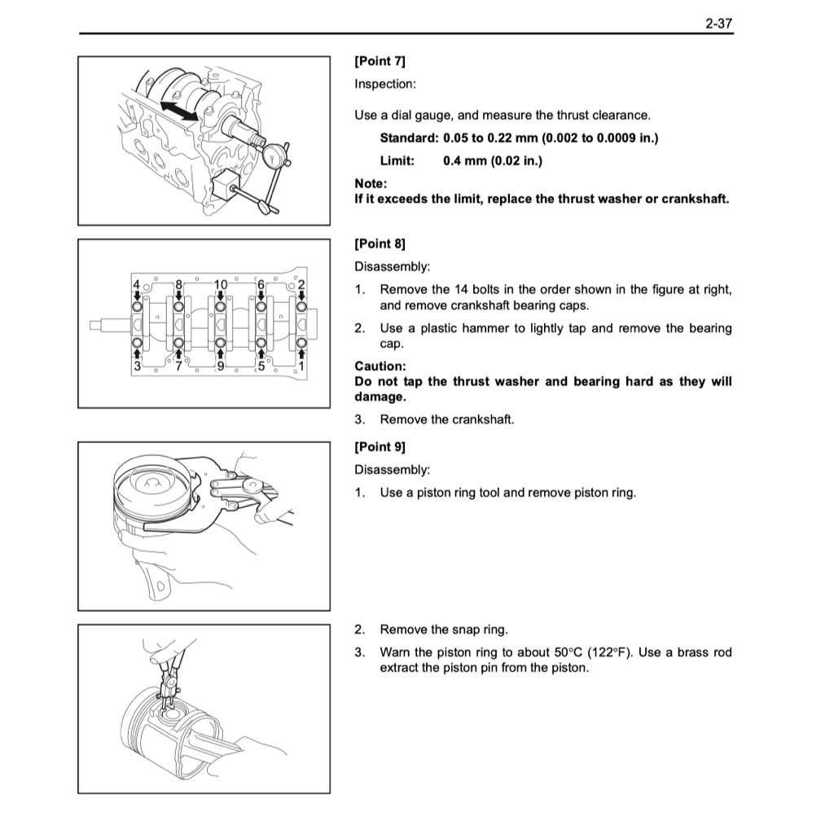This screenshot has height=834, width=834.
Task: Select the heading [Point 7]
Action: point(380,61)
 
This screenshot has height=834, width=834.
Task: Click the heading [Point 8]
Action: point(380,244)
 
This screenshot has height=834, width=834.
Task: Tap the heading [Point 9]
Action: point(380,446)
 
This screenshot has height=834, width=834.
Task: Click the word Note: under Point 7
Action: point(371,184)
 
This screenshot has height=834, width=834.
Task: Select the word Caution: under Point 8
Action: point(380,367)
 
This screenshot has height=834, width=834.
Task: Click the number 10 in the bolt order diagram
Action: point(220,285)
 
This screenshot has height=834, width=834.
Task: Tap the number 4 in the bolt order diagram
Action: point(136,285)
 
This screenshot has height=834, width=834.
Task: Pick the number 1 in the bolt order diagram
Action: point(301,366)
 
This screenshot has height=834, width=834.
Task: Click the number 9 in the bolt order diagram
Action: point(220,366)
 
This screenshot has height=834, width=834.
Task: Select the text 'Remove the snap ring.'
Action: point(444,630)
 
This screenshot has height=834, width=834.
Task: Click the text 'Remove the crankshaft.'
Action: point(447,419)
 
